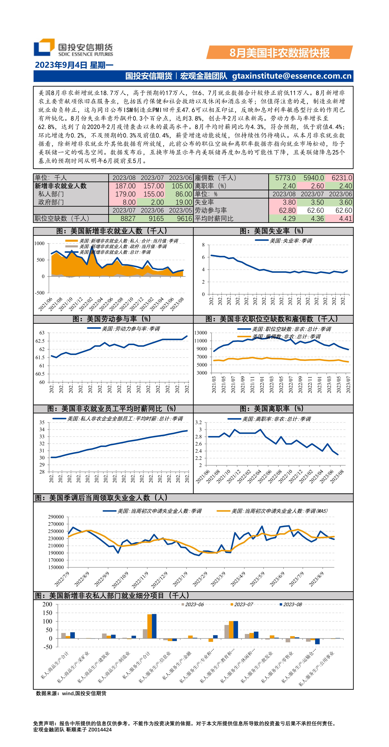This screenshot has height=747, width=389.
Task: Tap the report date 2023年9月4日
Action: (61, 65)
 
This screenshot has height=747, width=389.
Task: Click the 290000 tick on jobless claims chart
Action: (56, 517)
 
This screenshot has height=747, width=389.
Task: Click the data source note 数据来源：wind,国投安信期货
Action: (71, 693)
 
